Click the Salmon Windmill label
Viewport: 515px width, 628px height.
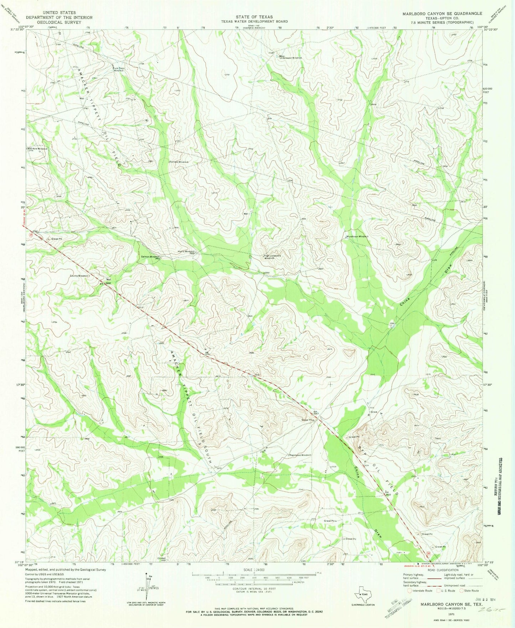(x=150, y=257)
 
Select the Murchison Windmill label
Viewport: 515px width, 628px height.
(x=357, y=237)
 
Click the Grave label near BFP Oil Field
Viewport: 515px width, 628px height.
(x=374, y=412)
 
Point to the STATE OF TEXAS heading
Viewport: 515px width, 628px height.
(x=254, y=17)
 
